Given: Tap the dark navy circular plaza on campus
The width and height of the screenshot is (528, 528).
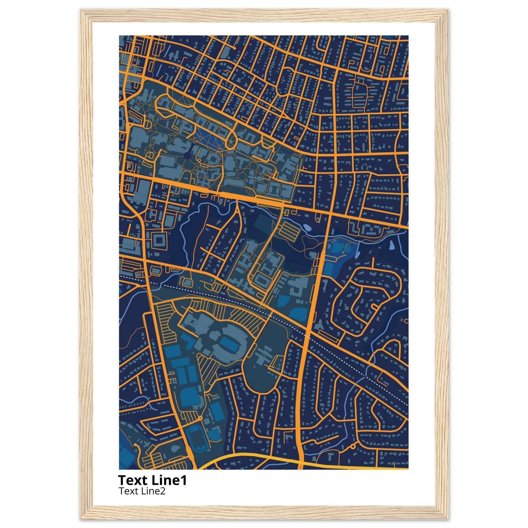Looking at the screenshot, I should point(187,156).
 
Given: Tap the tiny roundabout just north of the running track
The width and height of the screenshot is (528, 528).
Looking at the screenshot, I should point(201,418).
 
